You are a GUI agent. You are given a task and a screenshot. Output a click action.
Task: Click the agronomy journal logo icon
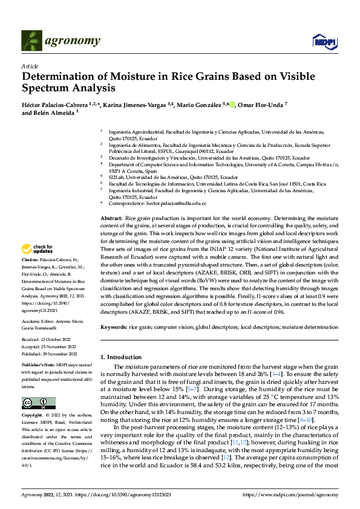tap(32, 41)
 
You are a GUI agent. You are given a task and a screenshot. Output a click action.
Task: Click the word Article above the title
tap(30, 66)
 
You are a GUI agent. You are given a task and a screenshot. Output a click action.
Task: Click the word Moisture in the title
tap(146, 77)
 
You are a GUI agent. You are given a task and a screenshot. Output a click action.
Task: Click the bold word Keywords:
tap(114, 326)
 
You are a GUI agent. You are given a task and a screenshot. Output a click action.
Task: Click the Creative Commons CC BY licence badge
tap(38, 403)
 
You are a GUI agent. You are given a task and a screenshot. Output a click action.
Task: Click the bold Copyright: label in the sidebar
tap(33, 416)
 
